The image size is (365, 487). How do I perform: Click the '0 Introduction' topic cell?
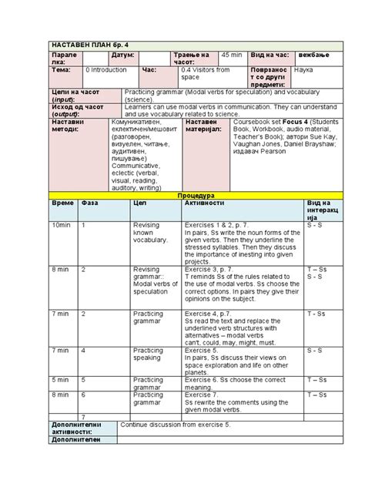point(106,70)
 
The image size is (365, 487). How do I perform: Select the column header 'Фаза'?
point(90,204)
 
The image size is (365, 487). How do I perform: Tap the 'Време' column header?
point(63,204)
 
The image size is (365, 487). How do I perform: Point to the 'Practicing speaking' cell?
point(148,354)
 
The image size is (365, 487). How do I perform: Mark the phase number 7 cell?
point(83,417)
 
